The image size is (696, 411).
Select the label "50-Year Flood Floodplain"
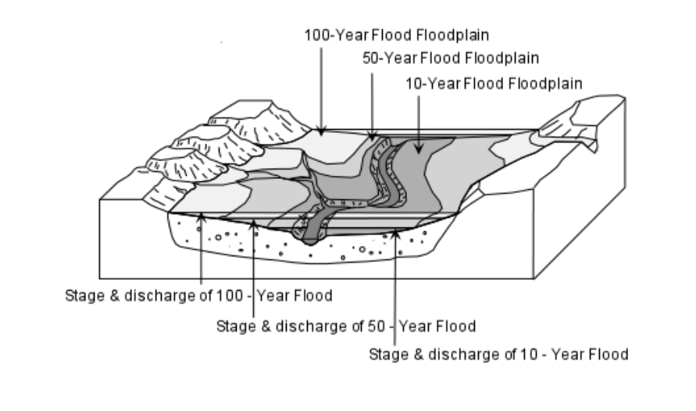[451, 58]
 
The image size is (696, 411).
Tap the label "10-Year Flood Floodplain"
[494, 84]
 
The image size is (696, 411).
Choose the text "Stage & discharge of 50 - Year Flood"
[346, 325]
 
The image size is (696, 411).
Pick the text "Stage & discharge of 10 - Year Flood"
[498, 354]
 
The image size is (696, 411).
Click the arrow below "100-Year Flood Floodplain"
[320, 86]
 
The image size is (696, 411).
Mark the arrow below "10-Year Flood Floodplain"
[419, 117]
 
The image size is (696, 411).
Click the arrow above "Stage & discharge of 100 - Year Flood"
[202, 250]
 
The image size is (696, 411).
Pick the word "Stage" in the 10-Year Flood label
[385, 354]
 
